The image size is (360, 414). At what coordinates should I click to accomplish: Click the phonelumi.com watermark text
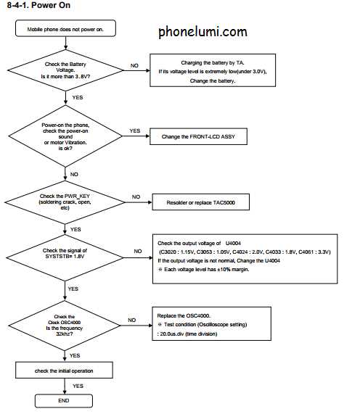pyautogui.click(x=202, y=32)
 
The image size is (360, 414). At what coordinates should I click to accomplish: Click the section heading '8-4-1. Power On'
pyautogui.click(x=38, y=5)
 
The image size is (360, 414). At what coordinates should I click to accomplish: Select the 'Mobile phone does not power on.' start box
pyautogui.click(x=65, y=28)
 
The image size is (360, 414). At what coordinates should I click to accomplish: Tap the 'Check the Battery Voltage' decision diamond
pyautogui.click(x=65, y=70)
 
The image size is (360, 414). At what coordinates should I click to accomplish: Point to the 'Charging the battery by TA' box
pyautogui.click(x=213, y=70)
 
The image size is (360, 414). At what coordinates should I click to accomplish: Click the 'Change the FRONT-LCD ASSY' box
pyautogui.click(x=198, y=136)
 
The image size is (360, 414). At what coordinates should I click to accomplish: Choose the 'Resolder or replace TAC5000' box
pyautogui.click(x=200, y=202)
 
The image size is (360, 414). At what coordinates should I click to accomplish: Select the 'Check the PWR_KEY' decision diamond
pyautogui.click(x=65, y=202)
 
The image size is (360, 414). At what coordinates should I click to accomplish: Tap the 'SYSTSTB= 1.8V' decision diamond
pyautogui.click(x=65, y=257)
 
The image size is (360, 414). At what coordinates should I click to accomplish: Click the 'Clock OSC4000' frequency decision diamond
pyautogui.click(x=65, y=326)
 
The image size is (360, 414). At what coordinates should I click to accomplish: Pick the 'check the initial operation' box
pyautogui.click(x=64, y=370)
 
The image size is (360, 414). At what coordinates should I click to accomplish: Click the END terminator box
pyautogui.click(x=64, y=401)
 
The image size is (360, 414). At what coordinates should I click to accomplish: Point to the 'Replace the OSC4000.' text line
pyautogui.click(x=184, y=316)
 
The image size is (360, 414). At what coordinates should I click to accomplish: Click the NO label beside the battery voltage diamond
pyautogui.click(x=134, y=65)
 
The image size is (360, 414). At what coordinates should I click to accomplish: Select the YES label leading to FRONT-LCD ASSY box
pyautogui.click(x=135, y=131)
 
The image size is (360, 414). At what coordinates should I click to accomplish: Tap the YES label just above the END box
pyautogui.click(x=78, y=386)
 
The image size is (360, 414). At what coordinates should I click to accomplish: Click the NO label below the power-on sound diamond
pyautogui.click(x=74, y=174)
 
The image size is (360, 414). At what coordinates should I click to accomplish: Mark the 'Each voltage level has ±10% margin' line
pyautogui.click(x=203, y=270)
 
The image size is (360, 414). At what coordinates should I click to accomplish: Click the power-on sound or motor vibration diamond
pyautogui.click(x=65, y=136)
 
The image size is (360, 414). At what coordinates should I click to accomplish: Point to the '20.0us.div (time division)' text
pyautogui.click(x=187, y=334)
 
